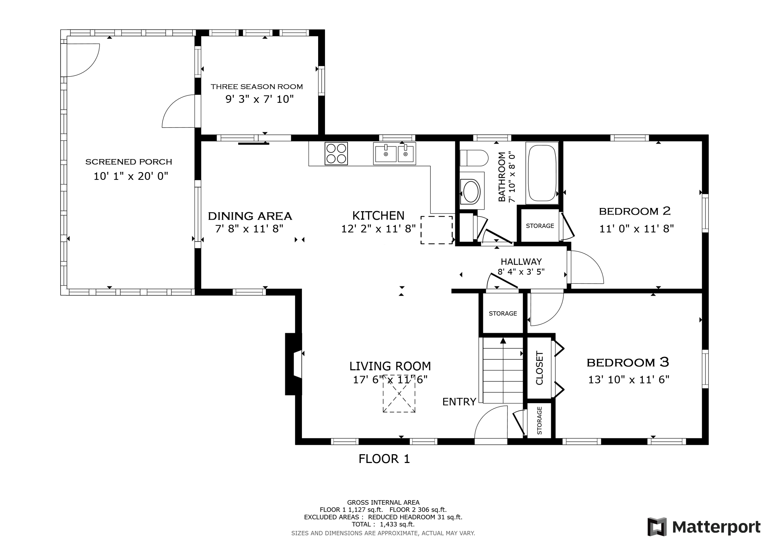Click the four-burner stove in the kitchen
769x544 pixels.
click(x=336, y=154)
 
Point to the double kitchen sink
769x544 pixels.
click(x=394, y=154)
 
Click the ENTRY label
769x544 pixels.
click(x=459, y=402)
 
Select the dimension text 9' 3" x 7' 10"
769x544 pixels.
click(x=259, y=99)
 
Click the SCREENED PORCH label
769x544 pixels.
click(x=129, y=162)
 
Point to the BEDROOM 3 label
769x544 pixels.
click(x=628, y=362)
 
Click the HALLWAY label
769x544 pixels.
click(x=521, y=261)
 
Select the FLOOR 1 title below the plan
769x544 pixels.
click(x=384, y=459)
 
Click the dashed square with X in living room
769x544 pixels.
click(x=399, y=393)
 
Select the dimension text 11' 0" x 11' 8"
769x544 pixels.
click(x=636, y=229)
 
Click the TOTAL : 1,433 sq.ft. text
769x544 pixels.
click(x=383, y=524)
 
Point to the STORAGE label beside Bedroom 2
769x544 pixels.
click(x=540, y=226)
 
